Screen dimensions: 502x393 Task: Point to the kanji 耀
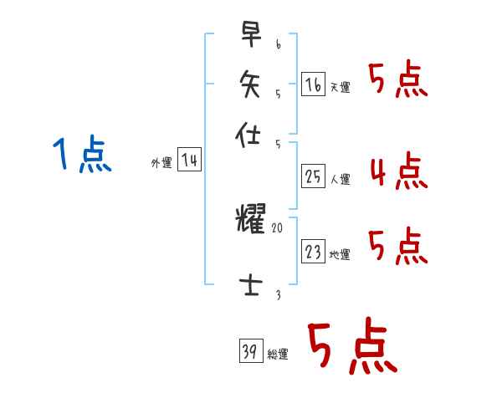(x=251, y=220)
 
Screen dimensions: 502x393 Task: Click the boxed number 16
(x=313, y=84)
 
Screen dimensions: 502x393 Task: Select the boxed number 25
(x=313, y=176)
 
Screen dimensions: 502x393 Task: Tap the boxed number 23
(x=313, y=252)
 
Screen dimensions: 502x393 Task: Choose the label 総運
(x=278, y=355)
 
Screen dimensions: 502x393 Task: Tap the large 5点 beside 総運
(x=351, y=349)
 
